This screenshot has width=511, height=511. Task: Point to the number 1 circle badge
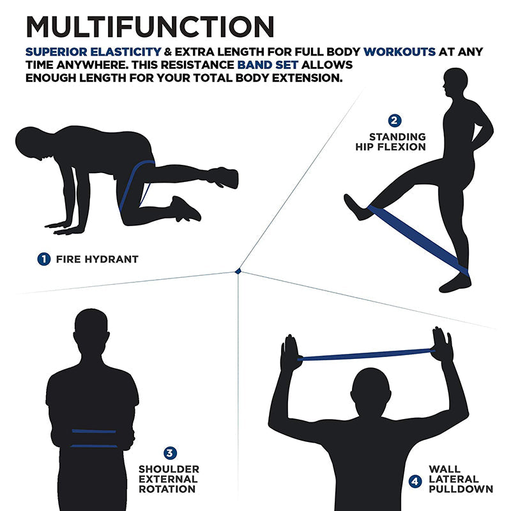43,259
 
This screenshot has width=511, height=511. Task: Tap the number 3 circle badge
170,454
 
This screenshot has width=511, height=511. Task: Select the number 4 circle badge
415,482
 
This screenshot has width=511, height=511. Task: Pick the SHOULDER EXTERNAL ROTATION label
169,478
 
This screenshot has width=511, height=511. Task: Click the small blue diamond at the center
238,271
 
